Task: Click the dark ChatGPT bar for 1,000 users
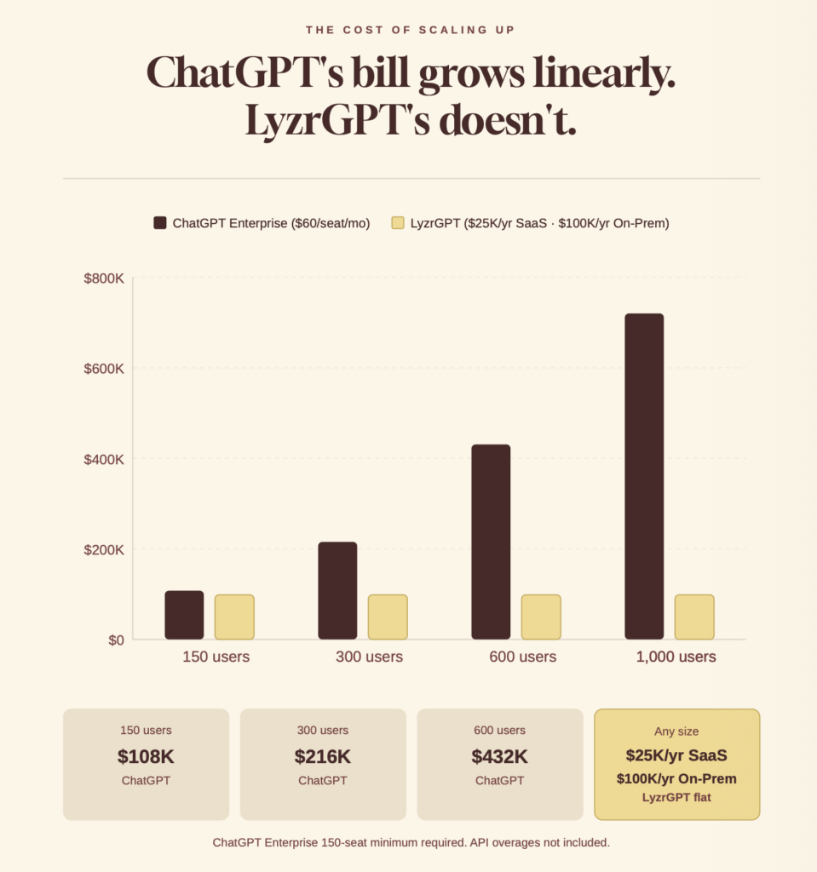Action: (644, 477)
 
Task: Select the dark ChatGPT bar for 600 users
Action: (491, 542)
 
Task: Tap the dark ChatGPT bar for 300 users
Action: (337, 590)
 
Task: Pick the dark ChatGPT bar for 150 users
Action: (184, 615)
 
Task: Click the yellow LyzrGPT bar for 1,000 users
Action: (694, 617)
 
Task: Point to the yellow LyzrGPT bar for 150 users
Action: (234, 617)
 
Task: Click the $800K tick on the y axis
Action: (104, 278)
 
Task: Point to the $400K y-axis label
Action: (104, 459)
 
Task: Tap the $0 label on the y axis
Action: (115, 640)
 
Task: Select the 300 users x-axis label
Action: (369, 657)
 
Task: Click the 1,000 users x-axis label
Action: (676, 657)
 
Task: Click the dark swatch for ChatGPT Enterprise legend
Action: (160, 223)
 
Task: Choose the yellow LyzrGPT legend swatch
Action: (398, 223)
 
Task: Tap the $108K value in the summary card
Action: (146, 756)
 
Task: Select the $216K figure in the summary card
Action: (323, 756)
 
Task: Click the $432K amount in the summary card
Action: (500, 756)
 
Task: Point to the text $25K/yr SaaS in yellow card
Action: (676, 755)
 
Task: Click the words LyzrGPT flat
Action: (676, 797)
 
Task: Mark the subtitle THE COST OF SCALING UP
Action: (410, 31)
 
